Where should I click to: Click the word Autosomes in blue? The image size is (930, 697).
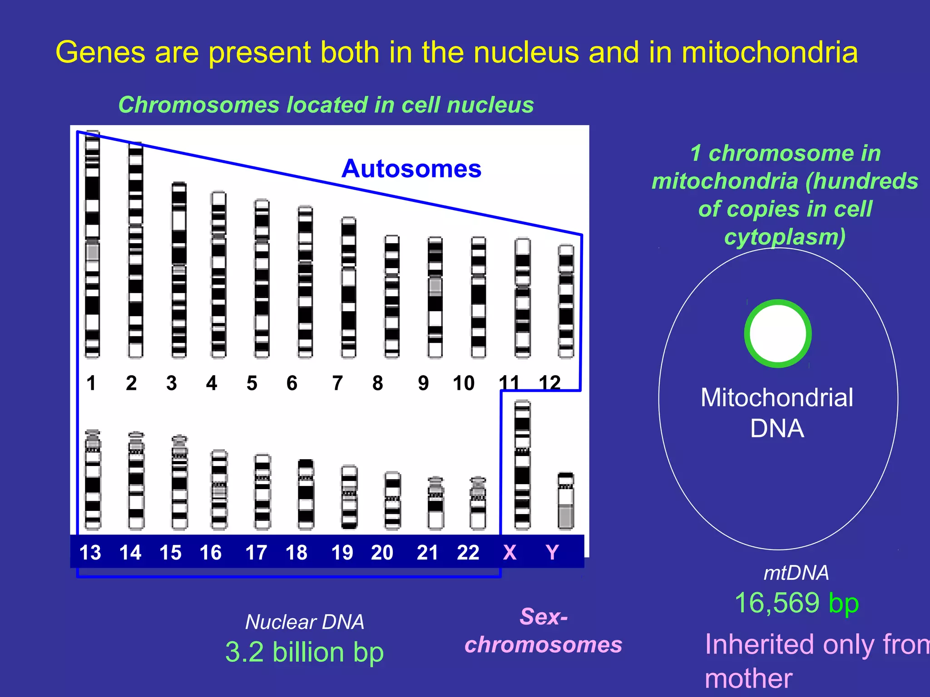411,169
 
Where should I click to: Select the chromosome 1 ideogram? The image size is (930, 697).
92,245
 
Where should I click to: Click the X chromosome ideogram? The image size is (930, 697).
522,465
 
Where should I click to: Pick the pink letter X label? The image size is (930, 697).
510,552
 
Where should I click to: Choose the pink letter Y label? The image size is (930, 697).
552,552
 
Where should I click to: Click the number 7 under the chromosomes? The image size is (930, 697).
337,383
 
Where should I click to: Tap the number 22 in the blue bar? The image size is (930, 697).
468,552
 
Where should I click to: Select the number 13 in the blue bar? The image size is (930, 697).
90,552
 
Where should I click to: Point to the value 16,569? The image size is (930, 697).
777,603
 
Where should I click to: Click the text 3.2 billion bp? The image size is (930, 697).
304,652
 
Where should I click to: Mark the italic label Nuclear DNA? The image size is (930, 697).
304,622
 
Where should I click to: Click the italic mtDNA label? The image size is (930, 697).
796,573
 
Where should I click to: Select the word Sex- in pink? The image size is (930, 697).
544,617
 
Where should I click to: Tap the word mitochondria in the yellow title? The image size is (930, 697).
769,52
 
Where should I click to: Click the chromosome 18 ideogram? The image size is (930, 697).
306,494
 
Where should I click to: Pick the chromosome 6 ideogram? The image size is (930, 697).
305,282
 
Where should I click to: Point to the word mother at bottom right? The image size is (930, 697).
748,679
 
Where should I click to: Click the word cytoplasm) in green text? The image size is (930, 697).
785,237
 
